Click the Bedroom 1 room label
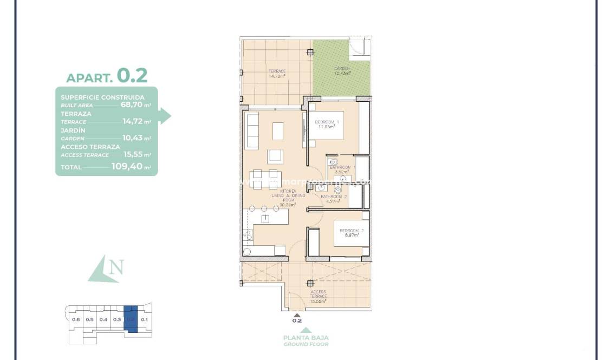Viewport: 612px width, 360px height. click(327, 125)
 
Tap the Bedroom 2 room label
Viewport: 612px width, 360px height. click(351, 233)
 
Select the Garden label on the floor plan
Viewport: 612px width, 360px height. click(342, 71)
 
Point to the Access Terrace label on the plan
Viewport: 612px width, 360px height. click(318, 296)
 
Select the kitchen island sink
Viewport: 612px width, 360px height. click(266, 219)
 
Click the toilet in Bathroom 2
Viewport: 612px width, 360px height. click(338, 190)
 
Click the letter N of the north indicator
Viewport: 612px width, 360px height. click(116, 267)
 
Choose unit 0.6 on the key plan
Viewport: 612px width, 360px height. click(76, 319)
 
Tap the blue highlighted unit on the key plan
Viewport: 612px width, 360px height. click(131, 319)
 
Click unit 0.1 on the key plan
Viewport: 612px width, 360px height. click(144, 319)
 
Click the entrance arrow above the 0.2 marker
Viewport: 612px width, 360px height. click(296, 313)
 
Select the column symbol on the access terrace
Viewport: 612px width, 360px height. click(310, 283)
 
